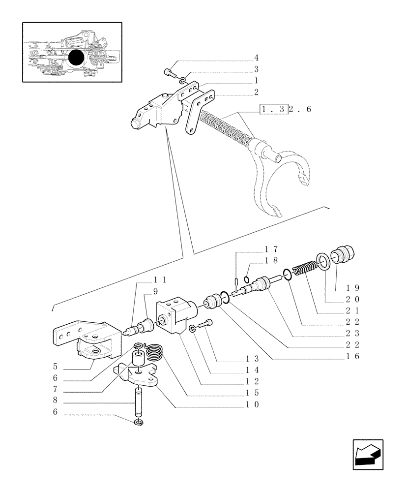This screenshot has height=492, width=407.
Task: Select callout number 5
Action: tap(56, 367)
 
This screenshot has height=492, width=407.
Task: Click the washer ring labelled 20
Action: tap(324, 261)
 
